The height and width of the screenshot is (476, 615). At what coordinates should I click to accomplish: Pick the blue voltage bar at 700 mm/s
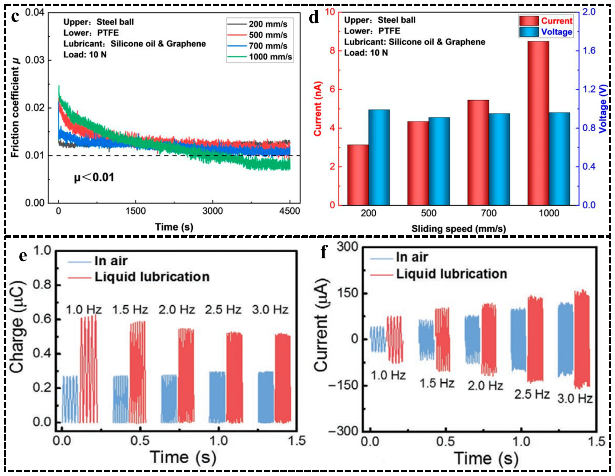pyautogui.click(x=499, y=159)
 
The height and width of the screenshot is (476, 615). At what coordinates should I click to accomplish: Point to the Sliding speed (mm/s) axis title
pyautogui.click(x=458, y=229)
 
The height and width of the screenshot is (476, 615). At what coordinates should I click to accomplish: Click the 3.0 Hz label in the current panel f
pyautogui.click(x=575, y=399)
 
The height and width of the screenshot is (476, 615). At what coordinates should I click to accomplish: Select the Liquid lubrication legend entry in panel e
pyautogui.click(x=152, y=277)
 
